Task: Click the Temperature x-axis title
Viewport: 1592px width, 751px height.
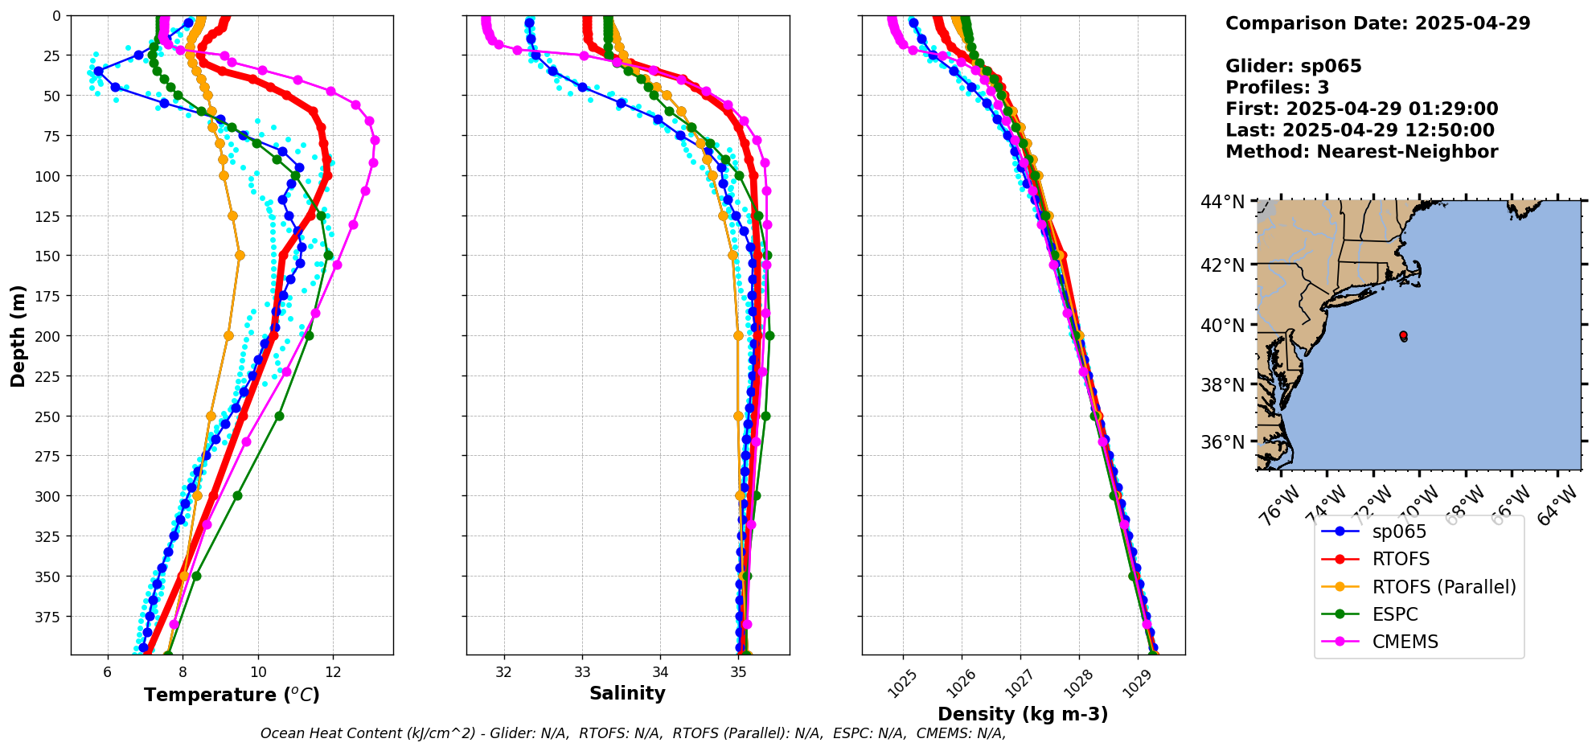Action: pyautogui.click(x=232, y=695)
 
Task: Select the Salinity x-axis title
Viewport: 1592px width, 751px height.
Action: pyautogui.click(x=627, y=693)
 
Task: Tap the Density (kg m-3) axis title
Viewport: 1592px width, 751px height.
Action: pyautogui.click(x=1023, y=714)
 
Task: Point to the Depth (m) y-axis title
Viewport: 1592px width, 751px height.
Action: pyautogui.click(x=18, y=335)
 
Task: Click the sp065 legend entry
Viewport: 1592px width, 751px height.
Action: pyautogui.click(x=1399, y=531)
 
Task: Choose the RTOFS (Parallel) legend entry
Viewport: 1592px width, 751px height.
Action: pyautogui.click(x=1444, y=587)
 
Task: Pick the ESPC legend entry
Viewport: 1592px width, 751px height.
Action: pyautogui.click(x=1395, y=614)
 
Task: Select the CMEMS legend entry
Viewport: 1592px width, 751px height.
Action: pyautogui.click(x=1405, y=642)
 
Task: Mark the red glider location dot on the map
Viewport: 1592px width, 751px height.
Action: pyautogui.click(x=1403, y=334)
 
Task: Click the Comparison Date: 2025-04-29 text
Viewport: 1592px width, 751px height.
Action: pyautogui.click(x=1377, y=23)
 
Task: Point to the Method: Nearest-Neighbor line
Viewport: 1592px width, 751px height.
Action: pyautogui.click(x=1361, y=152)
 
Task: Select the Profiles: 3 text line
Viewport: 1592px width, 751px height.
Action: pyautogui.click(x=1277, y=88)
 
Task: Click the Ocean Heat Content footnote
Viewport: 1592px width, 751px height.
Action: pyautogui.click(x=633, y=733)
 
